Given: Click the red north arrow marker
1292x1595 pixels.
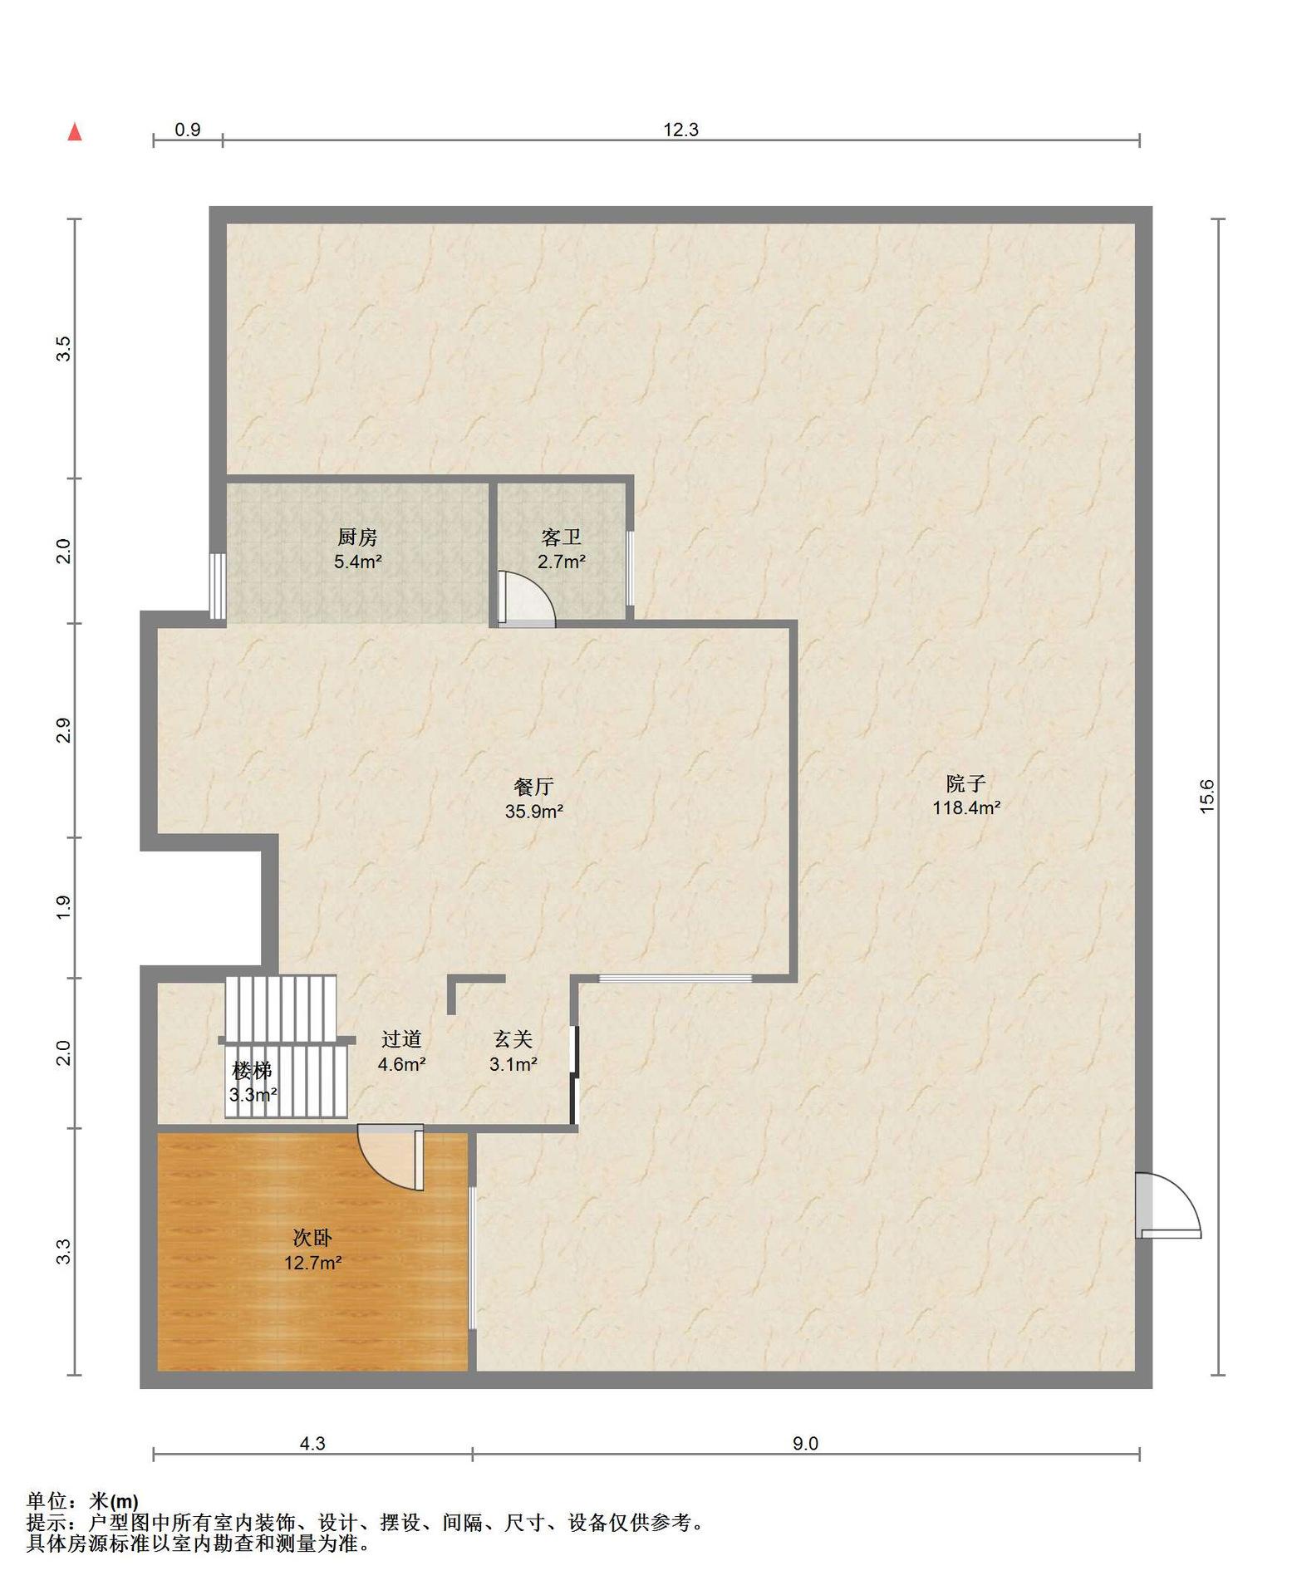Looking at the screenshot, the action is click(75, 131).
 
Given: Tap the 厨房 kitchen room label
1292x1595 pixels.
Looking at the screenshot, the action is click(357, 537).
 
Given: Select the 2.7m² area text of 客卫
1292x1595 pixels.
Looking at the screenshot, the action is click(562, 562).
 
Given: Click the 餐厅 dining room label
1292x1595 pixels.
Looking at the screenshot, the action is click(534, 787).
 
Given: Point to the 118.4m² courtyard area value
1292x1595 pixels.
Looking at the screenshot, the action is click(966, 807).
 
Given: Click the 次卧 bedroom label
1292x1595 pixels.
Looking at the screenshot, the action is click(312, 1239).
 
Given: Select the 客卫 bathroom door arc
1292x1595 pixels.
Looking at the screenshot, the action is click(526, 598).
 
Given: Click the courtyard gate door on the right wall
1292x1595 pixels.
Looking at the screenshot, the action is click(1167, 1205).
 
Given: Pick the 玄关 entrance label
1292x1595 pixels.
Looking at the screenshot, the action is click(513, 1039).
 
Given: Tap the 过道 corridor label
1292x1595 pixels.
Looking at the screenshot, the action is click(401, 1039).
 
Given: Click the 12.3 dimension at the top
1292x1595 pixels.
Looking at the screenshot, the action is click(680, 130).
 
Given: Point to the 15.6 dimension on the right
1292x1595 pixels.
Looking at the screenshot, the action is click(1207, 796).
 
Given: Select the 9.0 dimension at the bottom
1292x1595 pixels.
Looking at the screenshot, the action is click(804, 1444).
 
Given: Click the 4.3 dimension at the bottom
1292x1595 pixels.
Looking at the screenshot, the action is click(312, 1444).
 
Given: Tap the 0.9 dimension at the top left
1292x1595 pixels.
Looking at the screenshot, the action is click(188, 130).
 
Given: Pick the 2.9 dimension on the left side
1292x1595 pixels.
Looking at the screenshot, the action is click(64, 730).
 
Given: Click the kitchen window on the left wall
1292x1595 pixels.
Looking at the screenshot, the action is click(217, 586).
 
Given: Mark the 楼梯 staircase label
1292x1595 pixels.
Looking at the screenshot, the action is click(253, 1070).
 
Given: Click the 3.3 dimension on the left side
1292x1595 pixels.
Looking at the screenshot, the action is click(64, 1252).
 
